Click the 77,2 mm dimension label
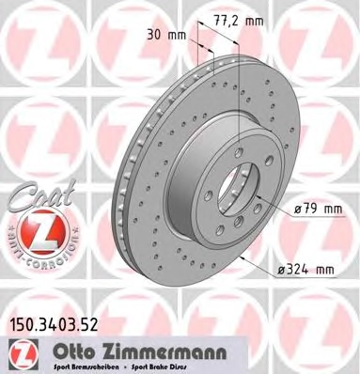(x=239, y=21)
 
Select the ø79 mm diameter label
(x=318, y=209)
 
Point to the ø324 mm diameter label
(x=306, y=269)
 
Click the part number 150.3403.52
(x=55, y=325)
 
